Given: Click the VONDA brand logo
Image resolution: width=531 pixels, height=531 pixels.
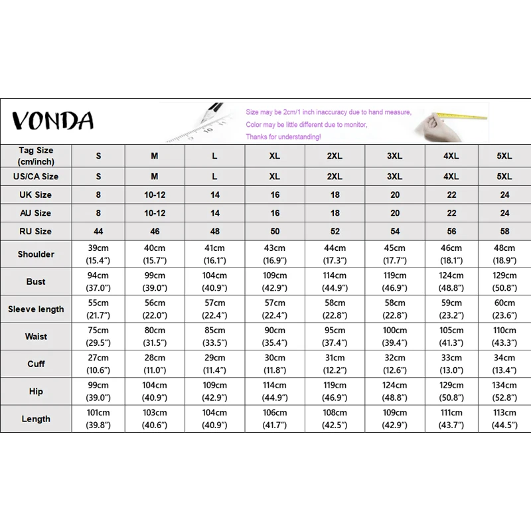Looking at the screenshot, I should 53,120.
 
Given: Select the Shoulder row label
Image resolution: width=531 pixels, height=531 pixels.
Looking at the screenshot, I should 36,254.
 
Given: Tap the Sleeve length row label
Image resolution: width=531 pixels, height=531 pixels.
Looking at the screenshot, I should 36,309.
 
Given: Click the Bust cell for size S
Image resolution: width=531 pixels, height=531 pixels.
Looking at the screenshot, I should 99,281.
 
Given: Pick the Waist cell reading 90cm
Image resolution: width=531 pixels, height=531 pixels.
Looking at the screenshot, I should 275,337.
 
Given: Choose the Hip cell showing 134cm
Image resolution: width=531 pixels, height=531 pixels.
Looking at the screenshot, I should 504,391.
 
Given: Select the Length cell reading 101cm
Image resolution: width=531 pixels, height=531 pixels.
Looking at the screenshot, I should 99,419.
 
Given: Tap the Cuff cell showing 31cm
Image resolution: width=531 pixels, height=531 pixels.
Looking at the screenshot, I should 335,364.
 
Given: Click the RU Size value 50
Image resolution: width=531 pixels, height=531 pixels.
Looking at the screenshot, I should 275,232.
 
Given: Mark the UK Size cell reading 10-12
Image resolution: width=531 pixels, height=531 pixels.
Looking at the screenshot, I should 154,195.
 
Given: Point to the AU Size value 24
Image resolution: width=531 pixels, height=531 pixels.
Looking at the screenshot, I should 504,213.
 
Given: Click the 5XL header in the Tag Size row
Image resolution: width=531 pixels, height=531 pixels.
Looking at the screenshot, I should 504,156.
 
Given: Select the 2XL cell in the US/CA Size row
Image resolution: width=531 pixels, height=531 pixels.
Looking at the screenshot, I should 335,177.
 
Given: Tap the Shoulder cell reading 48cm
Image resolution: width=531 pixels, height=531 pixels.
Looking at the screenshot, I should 504,254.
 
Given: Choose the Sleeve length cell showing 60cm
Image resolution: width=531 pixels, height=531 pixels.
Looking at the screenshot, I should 504,309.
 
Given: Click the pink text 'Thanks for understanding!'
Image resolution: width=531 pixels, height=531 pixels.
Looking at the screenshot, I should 283,137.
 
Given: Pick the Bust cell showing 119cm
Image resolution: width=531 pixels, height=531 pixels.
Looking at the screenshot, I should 394,281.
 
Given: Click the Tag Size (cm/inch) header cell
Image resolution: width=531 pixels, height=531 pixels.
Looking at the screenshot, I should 36,156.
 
